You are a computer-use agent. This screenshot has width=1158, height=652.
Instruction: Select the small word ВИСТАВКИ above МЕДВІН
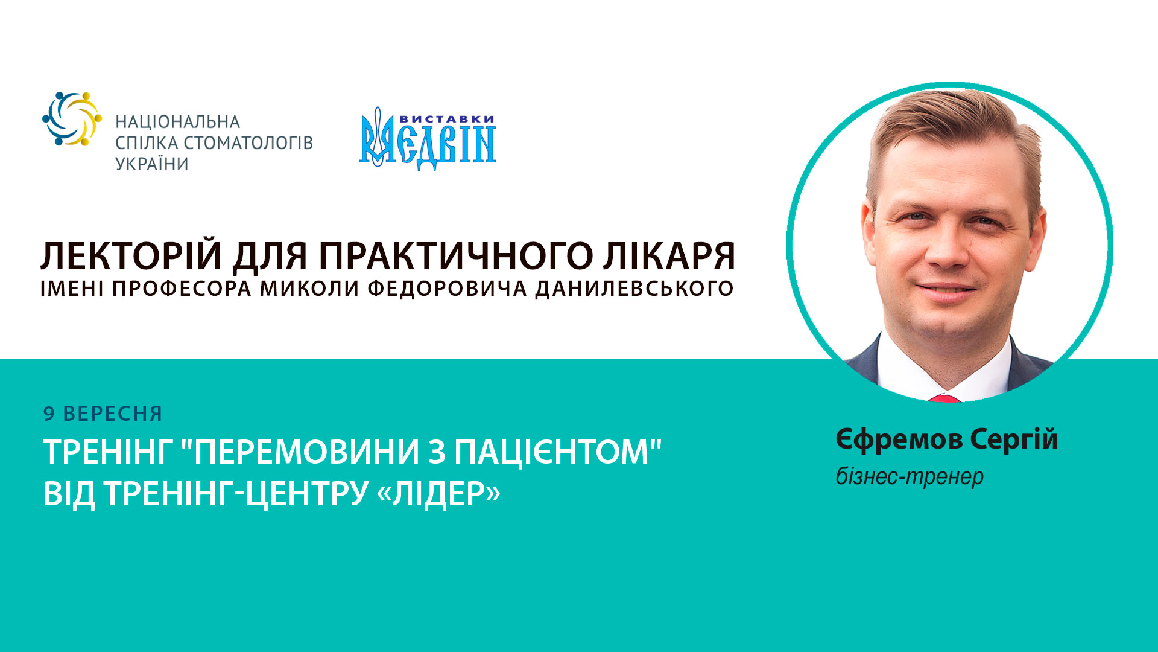447,119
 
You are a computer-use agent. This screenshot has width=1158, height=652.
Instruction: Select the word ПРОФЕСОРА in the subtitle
182,289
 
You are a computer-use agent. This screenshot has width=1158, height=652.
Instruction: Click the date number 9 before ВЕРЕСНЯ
49,414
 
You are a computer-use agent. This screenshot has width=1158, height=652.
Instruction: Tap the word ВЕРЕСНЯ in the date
113,414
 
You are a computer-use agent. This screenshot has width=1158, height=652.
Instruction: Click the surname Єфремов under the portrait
899,439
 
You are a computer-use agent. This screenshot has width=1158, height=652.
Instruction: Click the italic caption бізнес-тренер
910,477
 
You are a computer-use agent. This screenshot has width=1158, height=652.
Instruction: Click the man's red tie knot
944,398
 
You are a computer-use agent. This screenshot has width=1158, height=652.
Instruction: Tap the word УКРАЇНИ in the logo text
152,164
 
